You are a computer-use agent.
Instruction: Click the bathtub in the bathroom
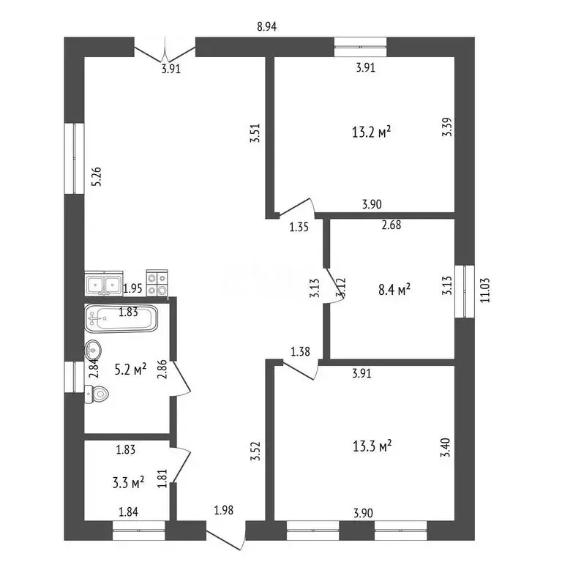click(x=121, y=318)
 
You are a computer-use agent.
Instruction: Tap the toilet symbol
click(x=97, y=394)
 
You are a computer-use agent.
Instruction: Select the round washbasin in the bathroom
click(x=93, y=349)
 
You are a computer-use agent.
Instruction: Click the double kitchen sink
click(x=104, y=283)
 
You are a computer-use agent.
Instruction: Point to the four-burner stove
click(x=157, y=283)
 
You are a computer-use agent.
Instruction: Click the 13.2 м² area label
click(x=371, y=132)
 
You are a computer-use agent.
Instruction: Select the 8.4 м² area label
click(x=394, y=289)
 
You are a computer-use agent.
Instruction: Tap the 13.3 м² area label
click(x=372, y=446)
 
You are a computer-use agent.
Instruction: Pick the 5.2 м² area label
click(x=130, y=369)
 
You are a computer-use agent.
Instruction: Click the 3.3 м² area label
click(x=128, y=482)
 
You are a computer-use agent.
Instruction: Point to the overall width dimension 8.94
click(x=267, y=26)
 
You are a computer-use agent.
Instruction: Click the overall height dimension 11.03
click(x=485, y=291)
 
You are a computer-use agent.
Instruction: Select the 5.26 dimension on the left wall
click(x=96, y=176)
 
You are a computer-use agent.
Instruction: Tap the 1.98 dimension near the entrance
click(x=224, y=509)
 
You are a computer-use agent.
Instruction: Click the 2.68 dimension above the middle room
click(x=391, y=225)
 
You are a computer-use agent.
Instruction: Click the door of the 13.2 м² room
click(x=297, y=208)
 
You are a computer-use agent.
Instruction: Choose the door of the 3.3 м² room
click(x=180, y=465)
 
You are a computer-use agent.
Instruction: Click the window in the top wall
click(x=361, y=47)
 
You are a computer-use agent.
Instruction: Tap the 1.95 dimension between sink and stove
click(x=132, y=288)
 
